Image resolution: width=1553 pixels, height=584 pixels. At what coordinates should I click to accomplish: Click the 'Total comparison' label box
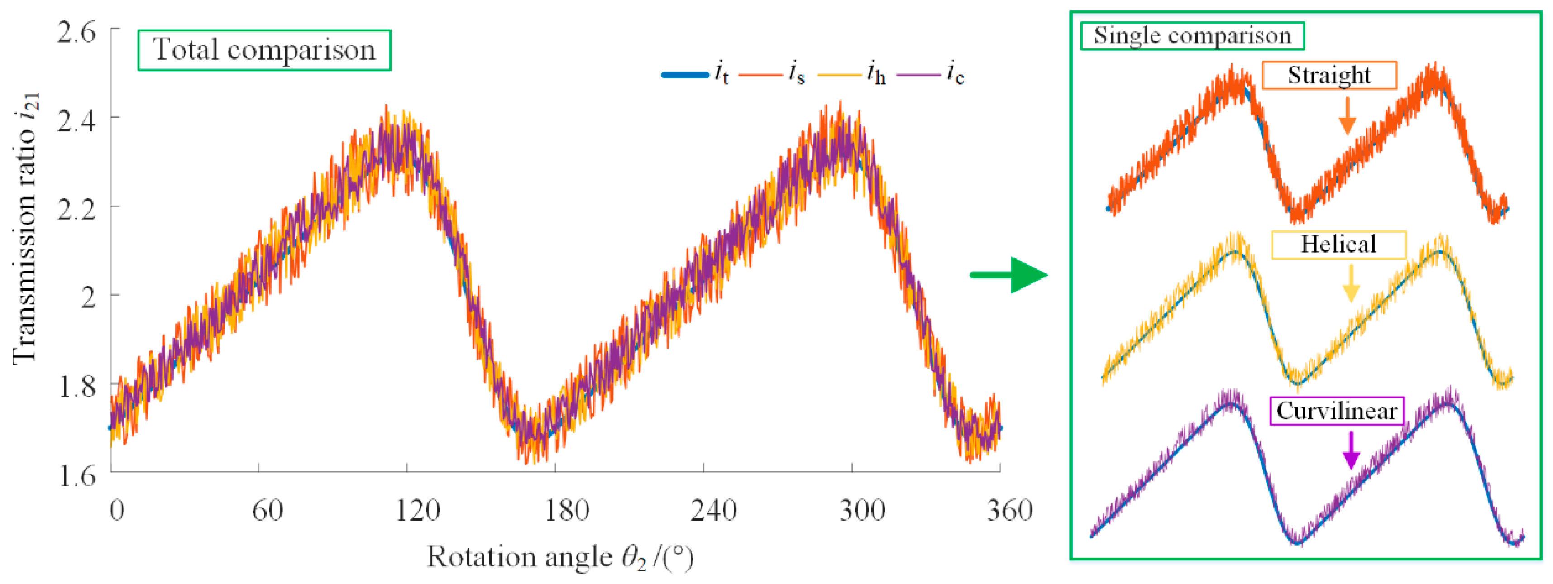point(264,50)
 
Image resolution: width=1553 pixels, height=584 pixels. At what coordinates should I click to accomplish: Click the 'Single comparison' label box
point(1192,36)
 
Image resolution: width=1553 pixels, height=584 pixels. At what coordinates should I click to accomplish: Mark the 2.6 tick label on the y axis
point(76,31)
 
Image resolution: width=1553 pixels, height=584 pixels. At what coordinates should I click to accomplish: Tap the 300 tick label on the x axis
point(862,511)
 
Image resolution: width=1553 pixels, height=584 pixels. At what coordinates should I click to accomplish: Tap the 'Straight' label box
point(1329,75)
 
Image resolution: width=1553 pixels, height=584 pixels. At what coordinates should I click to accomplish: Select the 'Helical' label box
point(1338,244)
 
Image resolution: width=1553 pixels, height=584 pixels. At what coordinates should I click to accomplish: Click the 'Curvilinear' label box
point(1337,411)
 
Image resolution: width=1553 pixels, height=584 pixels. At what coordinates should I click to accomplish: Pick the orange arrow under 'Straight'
point(1348,116)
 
